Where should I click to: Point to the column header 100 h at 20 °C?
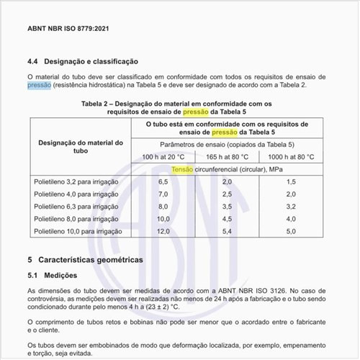click(x=165, y=156)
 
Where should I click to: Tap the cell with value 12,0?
click(x=164, y=231)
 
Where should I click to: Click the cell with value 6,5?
click(x=164, y=182)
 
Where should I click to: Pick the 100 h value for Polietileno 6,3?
click(x=164, y=207)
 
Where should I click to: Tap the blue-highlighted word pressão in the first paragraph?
click(x=39, y=85)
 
